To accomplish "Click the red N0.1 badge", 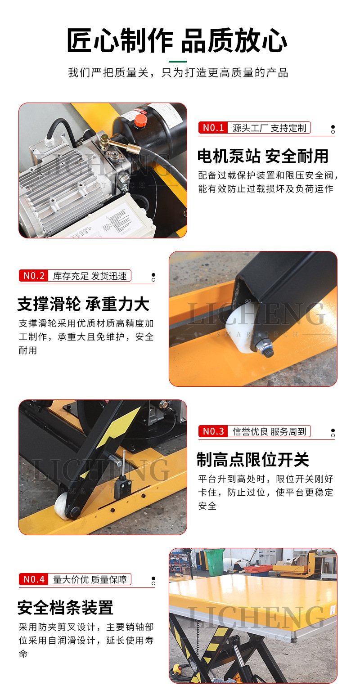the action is click(x=213, y=128).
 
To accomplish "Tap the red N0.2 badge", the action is click(x=33, y=276).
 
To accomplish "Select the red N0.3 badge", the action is click(x=213, y=431).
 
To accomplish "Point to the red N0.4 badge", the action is click(x=33, y=579).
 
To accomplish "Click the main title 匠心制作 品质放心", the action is click(x=177, y=40).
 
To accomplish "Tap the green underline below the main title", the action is click(x=178, y=61).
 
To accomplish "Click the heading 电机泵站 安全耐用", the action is click(x=263, y=157).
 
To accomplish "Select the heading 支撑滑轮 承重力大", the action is click(x=83, y=304).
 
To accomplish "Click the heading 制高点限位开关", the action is click(x=253, y=460).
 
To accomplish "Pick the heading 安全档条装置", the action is click(x=66, y=608).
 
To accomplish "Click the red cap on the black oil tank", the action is click(x=140, y=120).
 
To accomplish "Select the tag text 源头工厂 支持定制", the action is click(x=269, y=128).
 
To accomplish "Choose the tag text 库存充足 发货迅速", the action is click(x=90, y=276).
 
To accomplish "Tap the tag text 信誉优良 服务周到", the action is click(x=269, y=431).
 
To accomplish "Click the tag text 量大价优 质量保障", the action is click(x=90, y=579).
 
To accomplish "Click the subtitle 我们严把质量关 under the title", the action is click(x=108, y=73).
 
